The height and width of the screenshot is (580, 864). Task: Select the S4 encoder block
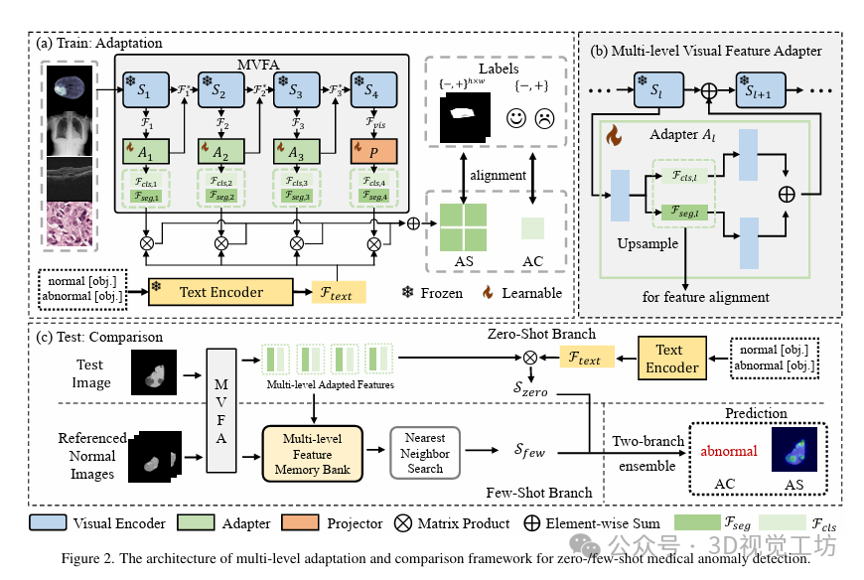tap(370, 90)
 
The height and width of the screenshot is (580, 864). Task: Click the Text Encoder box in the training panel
tap(220, 292)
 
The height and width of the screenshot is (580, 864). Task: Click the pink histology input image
tap(69, 223)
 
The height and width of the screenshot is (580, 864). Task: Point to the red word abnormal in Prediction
tap(729, 451)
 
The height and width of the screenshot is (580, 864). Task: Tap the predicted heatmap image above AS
tap(793, 449)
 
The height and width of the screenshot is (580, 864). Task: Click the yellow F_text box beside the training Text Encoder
tap(337, 292)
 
